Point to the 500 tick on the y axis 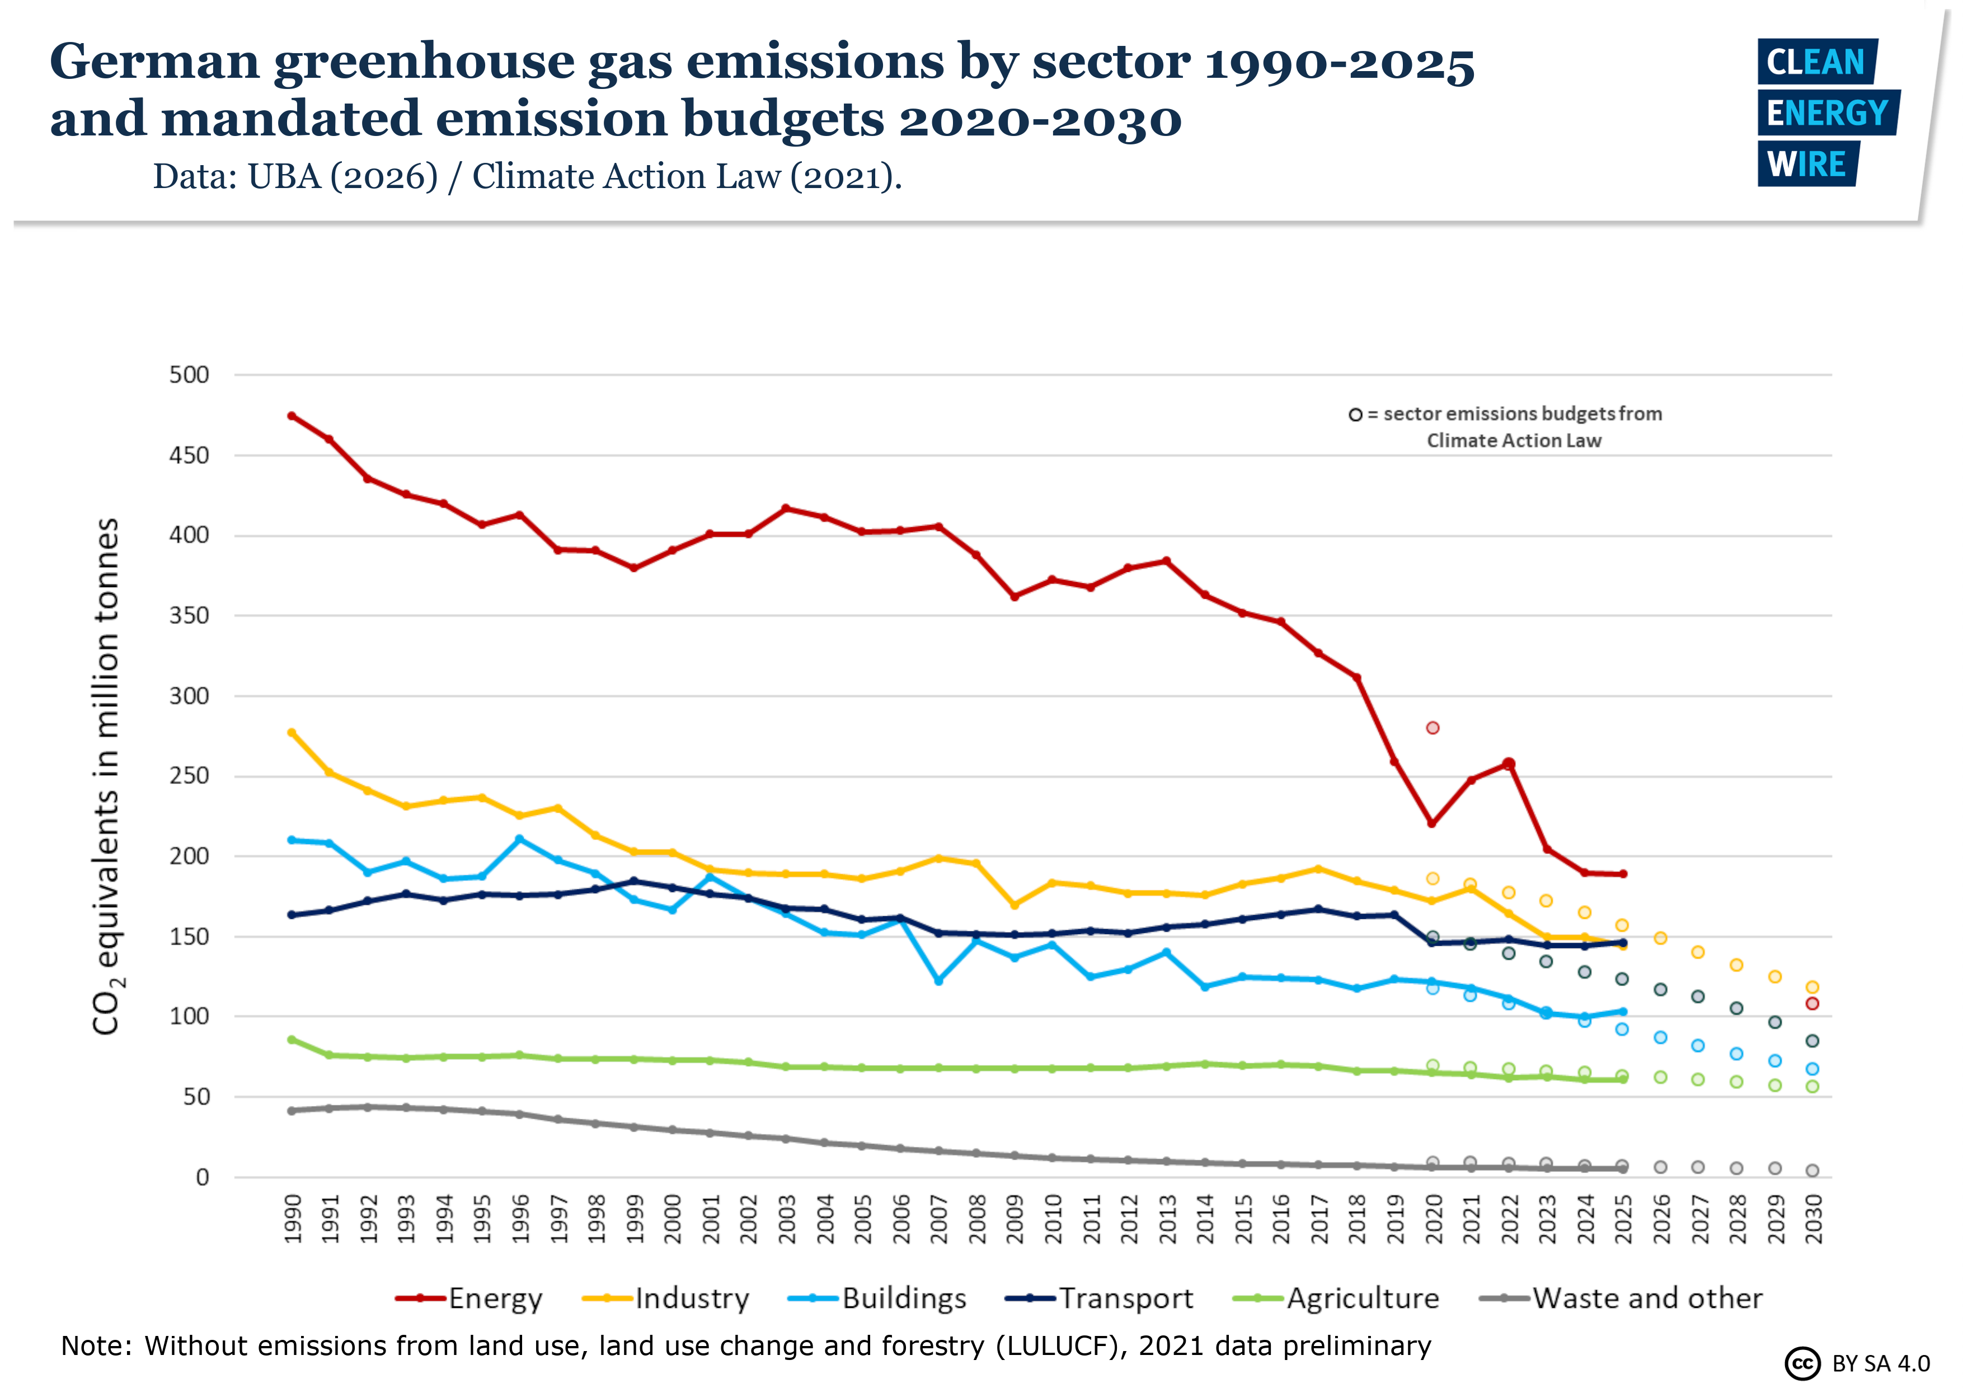point(189,374)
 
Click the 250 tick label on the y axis point(189,776)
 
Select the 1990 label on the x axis point(293,1218)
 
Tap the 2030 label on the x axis point(1812,1218)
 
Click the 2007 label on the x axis point(939,1218)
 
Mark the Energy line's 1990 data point point(292,416)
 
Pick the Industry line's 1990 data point point(292,733)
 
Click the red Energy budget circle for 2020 point(1433,728)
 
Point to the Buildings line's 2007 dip point(939,981)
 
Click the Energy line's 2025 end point point(1623,874)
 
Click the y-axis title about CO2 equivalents point(107,776)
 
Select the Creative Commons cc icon point(1802,1363)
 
